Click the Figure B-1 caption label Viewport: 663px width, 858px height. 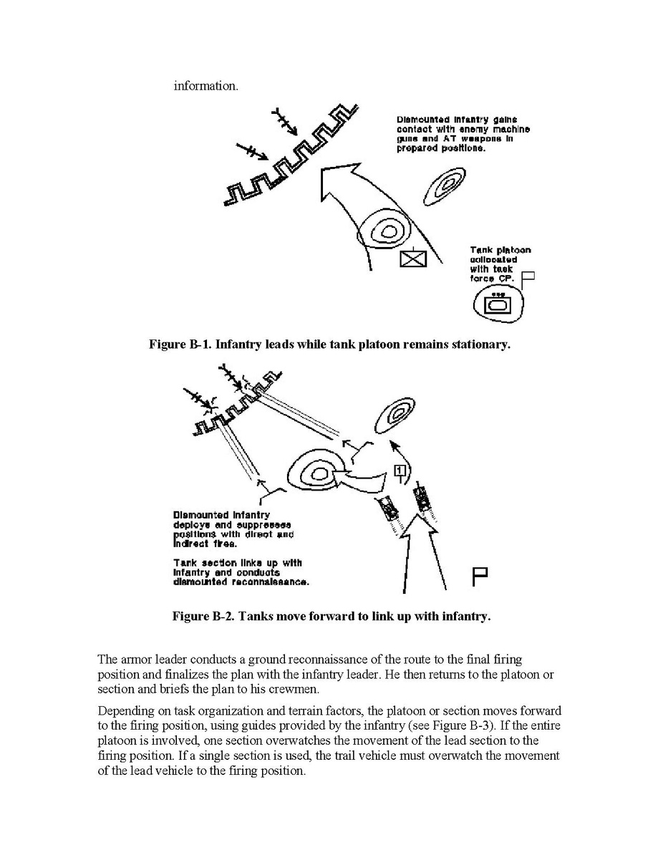pyautogui.click(x=180, y=344)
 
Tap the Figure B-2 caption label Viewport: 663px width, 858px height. pyautogui.click(x=205, y=616)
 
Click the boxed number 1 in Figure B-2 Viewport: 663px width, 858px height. pyautogui.click(x=400, y=470)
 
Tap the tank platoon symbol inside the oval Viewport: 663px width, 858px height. pyautogui.click(x=497, y=305)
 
